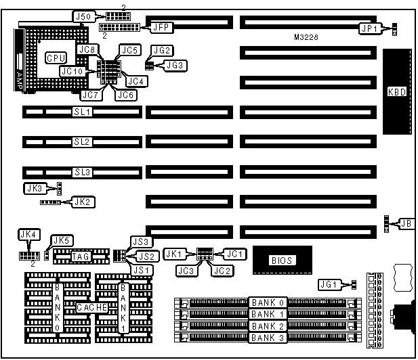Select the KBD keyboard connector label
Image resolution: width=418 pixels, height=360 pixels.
(396, 93)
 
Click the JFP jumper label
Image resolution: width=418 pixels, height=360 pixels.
(161, 27)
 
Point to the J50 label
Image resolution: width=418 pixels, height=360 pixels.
(83, 16)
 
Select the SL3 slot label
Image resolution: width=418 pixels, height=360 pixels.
(82, 172)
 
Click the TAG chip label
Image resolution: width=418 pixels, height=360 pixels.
(81, 256)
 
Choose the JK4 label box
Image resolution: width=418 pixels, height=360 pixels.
(28, 235)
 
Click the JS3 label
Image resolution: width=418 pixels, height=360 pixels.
(142, 242)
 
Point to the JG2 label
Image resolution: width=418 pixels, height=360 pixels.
(163, 51)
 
